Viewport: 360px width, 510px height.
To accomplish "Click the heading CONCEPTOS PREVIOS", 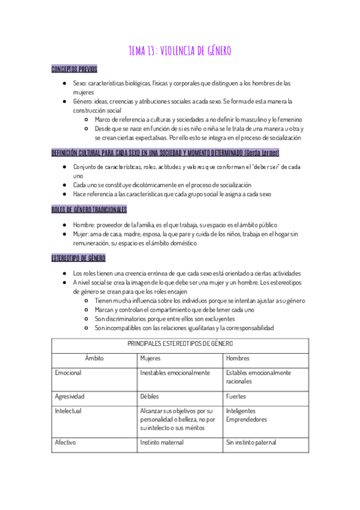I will [75, 69].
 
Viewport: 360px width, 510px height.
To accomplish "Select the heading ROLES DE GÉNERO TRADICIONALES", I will [89, 209].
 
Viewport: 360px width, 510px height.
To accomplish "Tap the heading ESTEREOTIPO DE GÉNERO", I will [79, 258].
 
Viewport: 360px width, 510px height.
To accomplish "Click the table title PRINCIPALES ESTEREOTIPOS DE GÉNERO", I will [180, 343].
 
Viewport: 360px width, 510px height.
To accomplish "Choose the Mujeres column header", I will [150, 358].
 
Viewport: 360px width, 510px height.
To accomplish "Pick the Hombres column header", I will [237, 358].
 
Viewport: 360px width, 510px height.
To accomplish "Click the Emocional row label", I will [68, 373].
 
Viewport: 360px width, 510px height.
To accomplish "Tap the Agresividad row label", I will [70, 396].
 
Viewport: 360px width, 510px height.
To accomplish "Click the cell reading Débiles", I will [150, 396].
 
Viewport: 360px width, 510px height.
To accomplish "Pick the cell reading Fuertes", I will [236, 396].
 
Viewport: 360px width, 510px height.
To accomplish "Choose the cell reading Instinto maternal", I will [163, 442].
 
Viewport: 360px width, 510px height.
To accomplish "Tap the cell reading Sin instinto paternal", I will [251, 442].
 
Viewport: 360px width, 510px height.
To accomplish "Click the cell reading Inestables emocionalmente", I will [175, 373].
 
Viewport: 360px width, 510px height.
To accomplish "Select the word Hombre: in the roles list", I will [84, 224].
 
